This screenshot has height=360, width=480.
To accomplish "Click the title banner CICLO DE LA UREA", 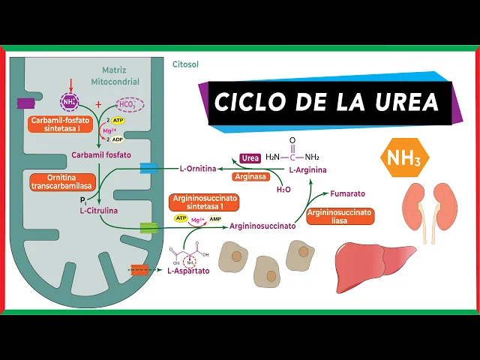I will pyautogui.click(x=327, y=101).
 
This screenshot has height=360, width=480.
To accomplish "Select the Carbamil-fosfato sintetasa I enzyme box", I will pyautogui.click(x=61, y=124).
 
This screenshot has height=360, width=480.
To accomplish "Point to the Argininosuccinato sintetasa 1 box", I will pyautogui.click(x=202, y=202).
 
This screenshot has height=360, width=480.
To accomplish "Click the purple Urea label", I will pyautogui.click(x=250, y=158).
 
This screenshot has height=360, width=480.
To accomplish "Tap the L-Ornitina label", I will pyautogui.click(x=198, y=169).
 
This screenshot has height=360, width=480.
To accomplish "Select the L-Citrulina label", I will pyautogui.click(x=99, y=211).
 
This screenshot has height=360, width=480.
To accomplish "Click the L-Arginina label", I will pyautogui.click(x=307, y=170).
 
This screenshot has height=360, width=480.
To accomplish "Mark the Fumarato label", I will pyautogui.click(x=347, y=193).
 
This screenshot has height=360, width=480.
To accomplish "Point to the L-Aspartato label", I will pyautogui.click(x=188, y=271).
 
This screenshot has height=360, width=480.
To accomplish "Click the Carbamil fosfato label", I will pyautogui.click(x=100, y=155).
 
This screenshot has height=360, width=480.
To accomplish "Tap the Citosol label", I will pyautogui.click(x=185, y=65).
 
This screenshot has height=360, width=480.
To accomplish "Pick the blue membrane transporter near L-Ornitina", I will pyautogui.click(x=148, y=168).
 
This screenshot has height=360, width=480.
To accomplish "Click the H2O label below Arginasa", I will pyautogui.click(x=283, y=190).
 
